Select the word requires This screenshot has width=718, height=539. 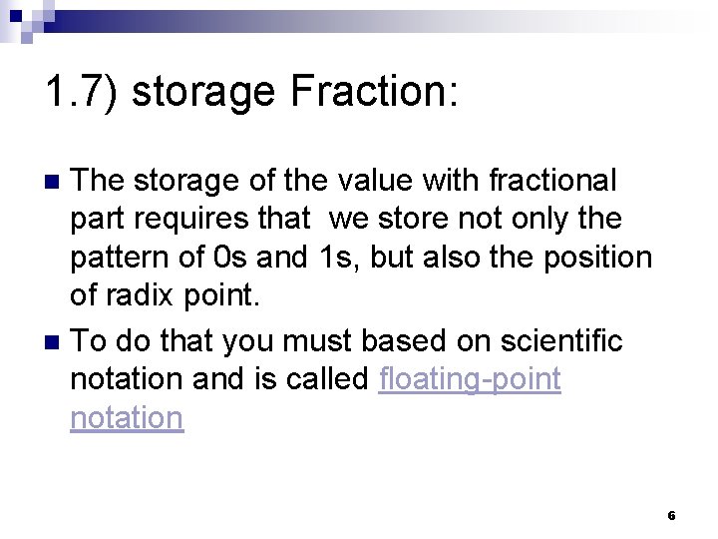[x=184, y=220]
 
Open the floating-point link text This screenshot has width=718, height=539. [x=471, y=379]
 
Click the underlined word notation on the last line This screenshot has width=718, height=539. [x=127, y=417]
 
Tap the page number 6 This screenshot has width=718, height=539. [x=671, y=516]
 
